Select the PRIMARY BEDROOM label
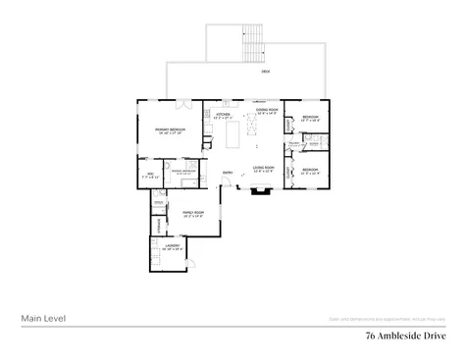click(171, 129)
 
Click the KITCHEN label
click(222, 114)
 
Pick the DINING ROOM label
click(267, 111)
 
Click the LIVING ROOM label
click(263, 169)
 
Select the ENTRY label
click(228, 173)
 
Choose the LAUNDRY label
click(173, 246)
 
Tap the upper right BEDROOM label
click(310, 118)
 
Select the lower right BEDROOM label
click(310, 170)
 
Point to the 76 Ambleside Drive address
click(405, 334)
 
